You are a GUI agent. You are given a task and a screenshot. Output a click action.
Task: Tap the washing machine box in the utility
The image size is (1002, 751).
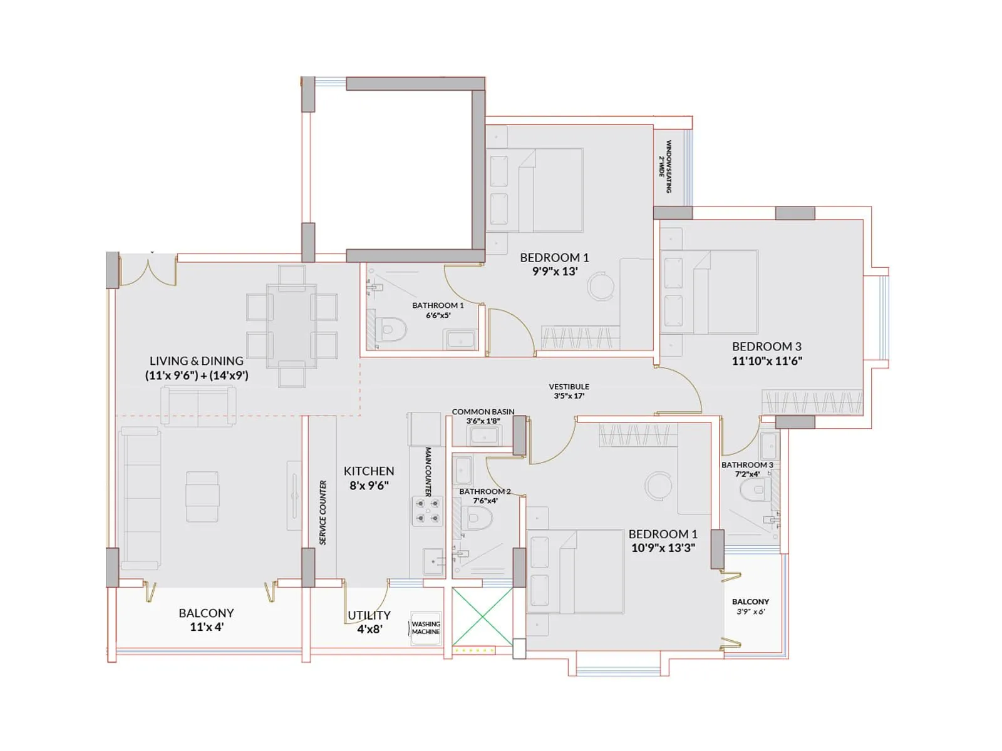coord(426,628)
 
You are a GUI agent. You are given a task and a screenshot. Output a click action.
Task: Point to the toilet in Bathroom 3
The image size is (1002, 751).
coord(754,492)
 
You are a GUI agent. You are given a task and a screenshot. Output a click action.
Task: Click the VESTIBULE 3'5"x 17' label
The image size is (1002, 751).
coord(569,391)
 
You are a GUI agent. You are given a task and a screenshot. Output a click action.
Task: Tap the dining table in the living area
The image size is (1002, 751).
coord(292,326)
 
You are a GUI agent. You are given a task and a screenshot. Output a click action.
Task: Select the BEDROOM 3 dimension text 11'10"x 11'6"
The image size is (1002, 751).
coord(767,360)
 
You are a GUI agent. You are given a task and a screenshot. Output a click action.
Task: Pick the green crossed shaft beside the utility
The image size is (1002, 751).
coord(482,617)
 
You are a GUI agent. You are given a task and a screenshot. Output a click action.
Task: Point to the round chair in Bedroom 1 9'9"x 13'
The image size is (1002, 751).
coord(601,286)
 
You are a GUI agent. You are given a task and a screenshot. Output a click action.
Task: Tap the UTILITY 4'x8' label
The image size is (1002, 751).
coord(369,622)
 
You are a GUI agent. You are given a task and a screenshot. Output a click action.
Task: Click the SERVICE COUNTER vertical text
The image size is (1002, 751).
coord(323,513)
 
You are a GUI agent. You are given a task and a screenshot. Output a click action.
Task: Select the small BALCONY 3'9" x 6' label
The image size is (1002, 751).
coord(750,606)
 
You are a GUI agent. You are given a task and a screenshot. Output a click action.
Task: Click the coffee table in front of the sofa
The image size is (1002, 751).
coord(202,496)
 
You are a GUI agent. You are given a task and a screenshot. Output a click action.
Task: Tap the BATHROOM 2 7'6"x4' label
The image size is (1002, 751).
coord(485,496)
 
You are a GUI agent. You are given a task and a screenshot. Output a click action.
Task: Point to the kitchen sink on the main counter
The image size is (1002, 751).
coord(433,561)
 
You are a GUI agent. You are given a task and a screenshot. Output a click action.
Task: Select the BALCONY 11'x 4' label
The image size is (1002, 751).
coord(206,620)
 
